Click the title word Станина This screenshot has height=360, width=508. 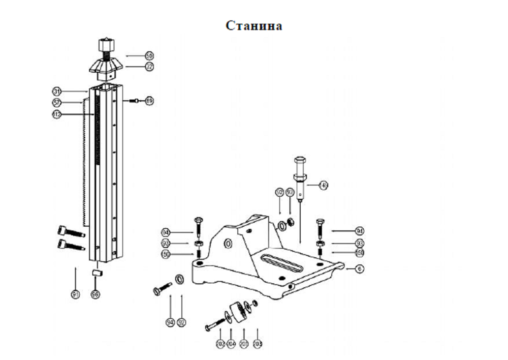tap(254, 25)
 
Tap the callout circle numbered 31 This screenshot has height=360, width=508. tap(57, 92)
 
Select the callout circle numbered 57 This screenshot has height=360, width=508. tap(57, 103)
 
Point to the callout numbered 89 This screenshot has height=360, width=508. tap(149, 100)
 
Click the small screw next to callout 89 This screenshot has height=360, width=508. tap(135, 100)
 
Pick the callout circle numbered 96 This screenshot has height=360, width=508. tap(94, 294)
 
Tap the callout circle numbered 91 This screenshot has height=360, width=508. tap(75, 294)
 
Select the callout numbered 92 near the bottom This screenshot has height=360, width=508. tap(182, 322)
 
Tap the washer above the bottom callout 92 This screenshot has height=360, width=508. tap(179, 279)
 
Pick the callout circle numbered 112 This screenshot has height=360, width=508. tap(57, 115)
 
